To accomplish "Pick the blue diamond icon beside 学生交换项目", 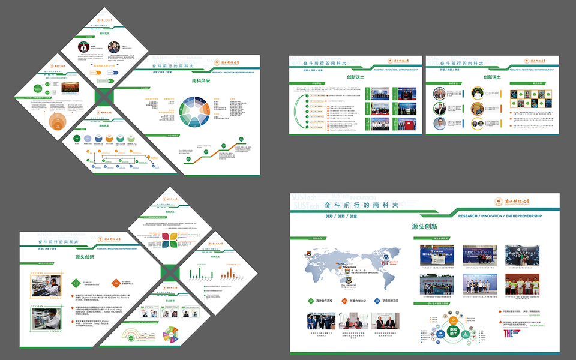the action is pos(377,301).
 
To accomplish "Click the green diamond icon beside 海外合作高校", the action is pos(310,301).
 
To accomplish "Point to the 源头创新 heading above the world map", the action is pos(424,227).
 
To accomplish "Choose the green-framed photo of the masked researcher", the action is pos(46,319).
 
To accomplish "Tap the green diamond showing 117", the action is pos(76,283).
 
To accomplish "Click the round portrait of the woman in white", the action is pos(477,93).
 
